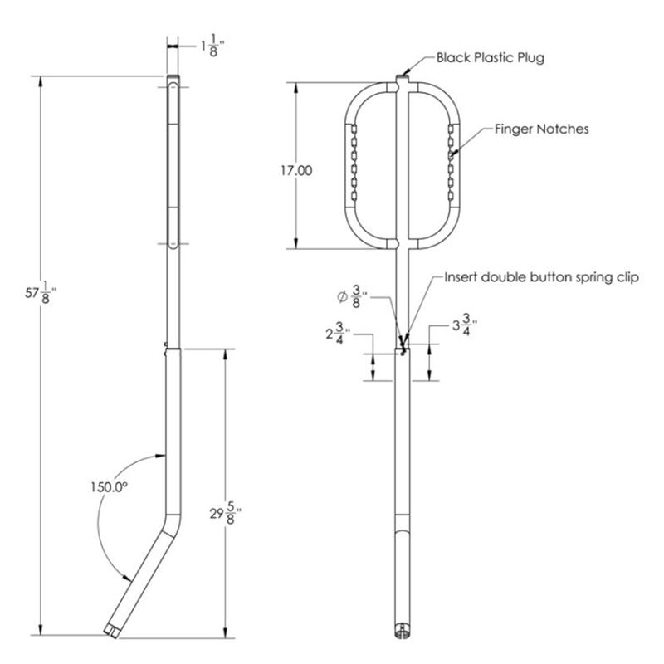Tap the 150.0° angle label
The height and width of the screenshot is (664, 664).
click(110, 488)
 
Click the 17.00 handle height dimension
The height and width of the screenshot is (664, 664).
click(296, 170)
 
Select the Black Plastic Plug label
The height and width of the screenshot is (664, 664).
click(491, 57)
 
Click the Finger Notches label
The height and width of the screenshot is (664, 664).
click(541, 129)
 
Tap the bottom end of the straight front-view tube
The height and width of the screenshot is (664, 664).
click(403, 632)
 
